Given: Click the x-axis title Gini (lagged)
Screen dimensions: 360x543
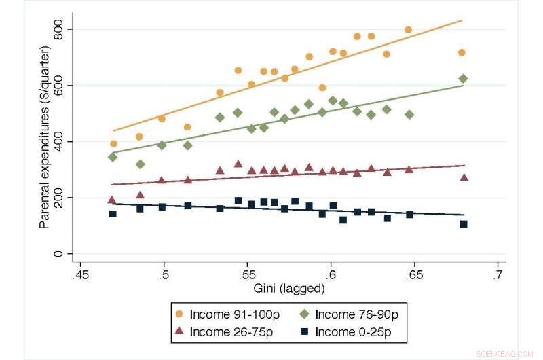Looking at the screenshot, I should (x=289, y=288).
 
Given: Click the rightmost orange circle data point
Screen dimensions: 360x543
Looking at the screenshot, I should (x=462, y=52).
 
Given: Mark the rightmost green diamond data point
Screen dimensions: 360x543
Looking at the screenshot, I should (x=463, y=79).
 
